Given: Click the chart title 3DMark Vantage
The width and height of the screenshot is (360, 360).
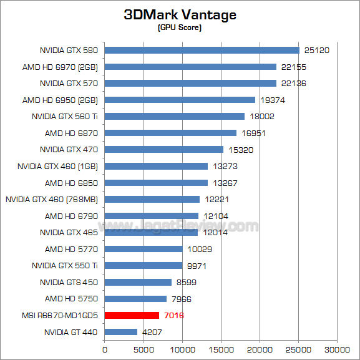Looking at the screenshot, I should pyautogui.click(x=180, y=15).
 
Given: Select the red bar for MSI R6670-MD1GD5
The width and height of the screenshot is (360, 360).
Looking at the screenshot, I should pyautogui.click(x=132, y=316).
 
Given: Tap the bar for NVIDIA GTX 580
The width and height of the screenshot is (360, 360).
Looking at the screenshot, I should pyautogui.click(x=202, y=50).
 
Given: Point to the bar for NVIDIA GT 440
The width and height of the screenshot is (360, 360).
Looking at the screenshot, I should pyautogui.click(x=121, y=332).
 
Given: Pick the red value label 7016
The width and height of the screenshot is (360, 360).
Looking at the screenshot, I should pyautogui.click(x=173, y=316).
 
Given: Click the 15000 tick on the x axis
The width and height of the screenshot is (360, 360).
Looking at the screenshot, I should pyautogui.click(x=221, y=350).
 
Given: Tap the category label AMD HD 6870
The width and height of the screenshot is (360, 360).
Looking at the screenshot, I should pyautogui.click(x=71, y=133).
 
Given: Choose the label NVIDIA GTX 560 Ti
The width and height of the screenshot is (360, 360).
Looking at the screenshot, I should pyautogui.click(x=65, y=116).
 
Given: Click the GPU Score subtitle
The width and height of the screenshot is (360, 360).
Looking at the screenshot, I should pyautogui.click(x=180, y=28).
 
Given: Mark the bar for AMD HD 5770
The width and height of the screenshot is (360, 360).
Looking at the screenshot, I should pyautogui.click(x=144, y=249).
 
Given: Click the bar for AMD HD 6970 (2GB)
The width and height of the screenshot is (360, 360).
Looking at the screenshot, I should pyautogui.click(x=190, y=67).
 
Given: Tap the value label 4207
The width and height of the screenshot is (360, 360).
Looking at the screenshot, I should pyautogui.click(x=152, y=333).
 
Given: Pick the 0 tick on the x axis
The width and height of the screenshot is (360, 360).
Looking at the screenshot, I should pyautogui.click(x=105, y=350).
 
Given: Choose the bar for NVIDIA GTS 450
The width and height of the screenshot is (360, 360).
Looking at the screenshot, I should pyautogui.click(x=138, y=282).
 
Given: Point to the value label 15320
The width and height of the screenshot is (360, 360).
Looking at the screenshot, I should pyautogui.click(x=238, y=150).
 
